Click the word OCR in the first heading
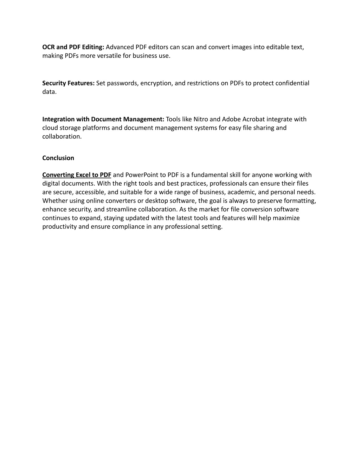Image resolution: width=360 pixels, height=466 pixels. point(49,47)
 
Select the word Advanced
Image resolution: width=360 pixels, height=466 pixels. point(120,47)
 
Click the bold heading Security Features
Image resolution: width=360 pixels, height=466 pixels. point(68,83)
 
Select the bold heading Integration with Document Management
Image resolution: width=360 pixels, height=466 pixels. point(103,119)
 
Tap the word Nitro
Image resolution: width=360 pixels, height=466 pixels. point(201,119)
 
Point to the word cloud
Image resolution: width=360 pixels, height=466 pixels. point(50,128)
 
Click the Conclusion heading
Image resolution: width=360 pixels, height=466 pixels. point(58,158)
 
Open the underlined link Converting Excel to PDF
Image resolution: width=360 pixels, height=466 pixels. point(77,175)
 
